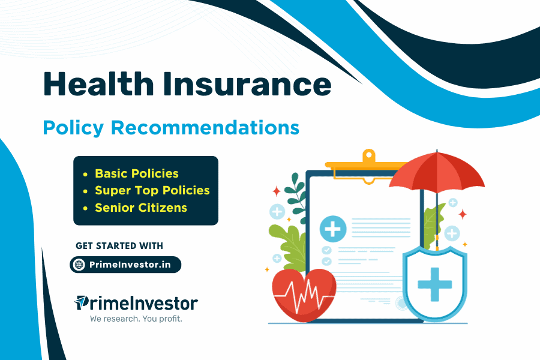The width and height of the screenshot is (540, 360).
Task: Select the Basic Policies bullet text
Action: (137, 173)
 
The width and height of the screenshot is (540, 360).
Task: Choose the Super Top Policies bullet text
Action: (152, 190)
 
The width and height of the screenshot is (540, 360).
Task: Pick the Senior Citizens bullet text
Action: (141, 208)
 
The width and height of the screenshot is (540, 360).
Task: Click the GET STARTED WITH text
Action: (119, 246)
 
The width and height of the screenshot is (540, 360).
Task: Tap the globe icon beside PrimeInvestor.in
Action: (79, 265)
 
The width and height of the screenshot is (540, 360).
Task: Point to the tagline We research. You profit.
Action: (136, 319)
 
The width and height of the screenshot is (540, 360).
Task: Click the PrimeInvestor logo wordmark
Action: (136, 302)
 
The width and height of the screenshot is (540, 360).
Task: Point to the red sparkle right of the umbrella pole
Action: (463, 214)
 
